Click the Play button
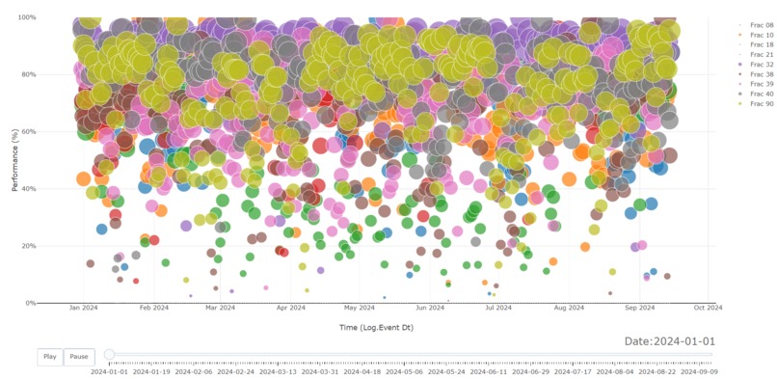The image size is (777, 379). coord(50,357)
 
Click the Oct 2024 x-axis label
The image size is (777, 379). coord(708,310)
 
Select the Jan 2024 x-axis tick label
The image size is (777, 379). coord(83,310)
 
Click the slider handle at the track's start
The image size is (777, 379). coord(109,355)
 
